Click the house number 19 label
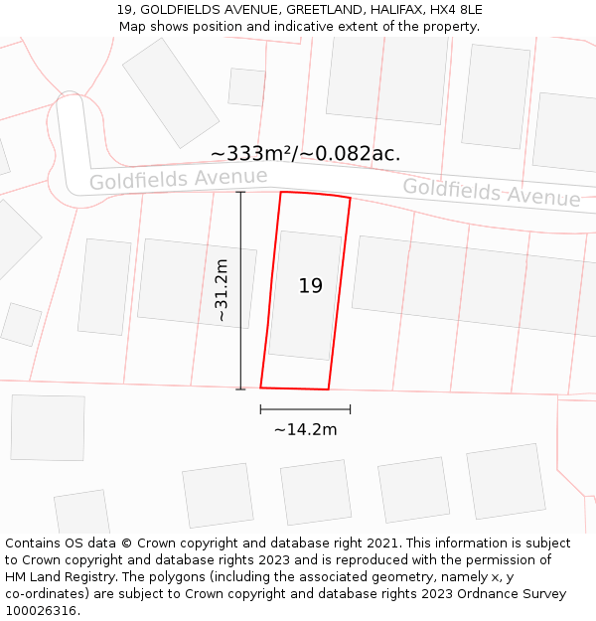tap(311, 286)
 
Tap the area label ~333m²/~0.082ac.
tap(305, 153)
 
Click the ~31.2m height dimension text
tap(222, 289)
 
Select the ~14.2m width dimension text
tap(305, 429)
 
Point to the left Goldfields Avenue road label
tap(178, 180)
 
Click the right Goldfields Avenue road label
tap(491, 192)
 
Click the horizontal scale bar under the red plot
tap(305, 408)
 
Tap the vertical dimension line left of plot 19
tap(240, 289)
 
